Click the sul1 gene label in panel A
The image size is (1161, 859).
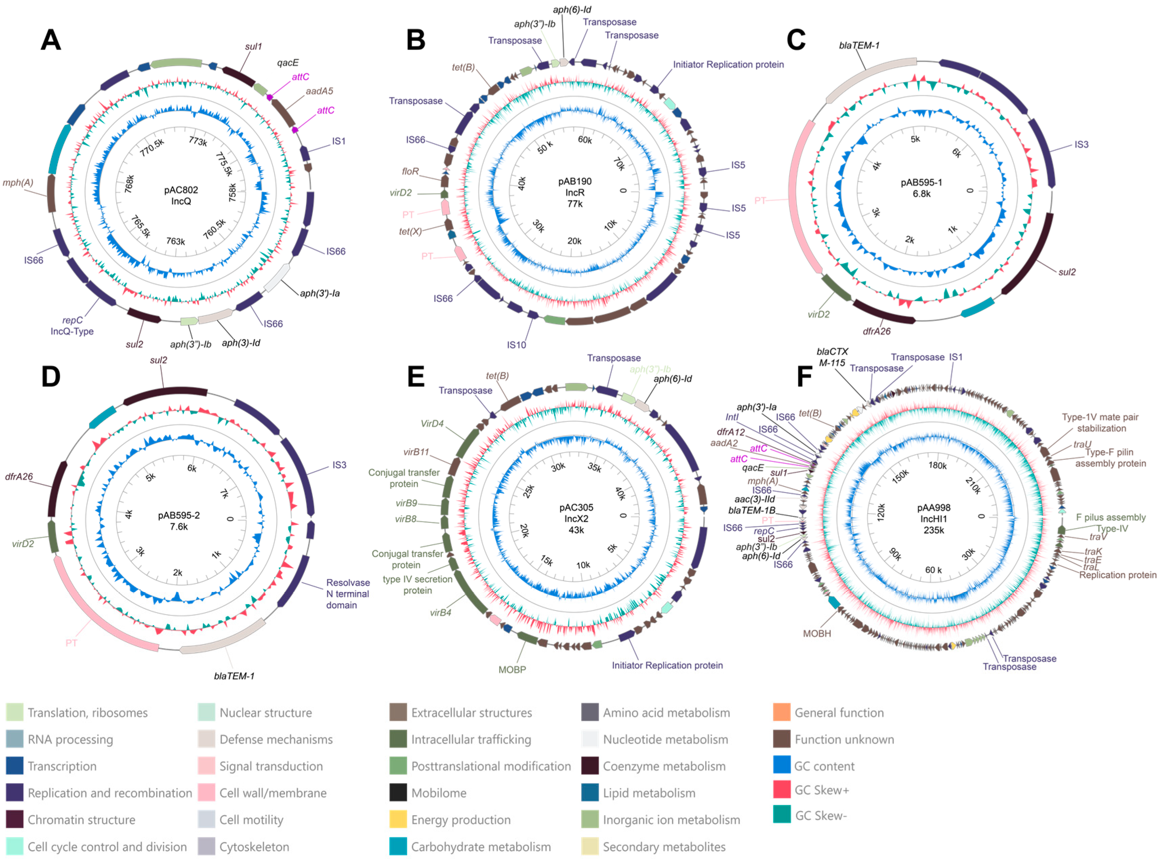tap(253, 47)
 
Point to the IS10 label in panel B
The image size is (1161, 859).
tap(516, 345)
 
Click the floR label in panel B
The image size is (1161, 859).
tap(410, 171)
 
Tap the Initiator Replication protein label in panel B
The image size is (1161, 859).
tap(728, 64)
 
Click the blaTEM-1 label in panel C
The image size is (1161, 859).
tap(859, 46)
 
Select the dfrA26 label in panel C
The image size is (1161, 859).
tap(876, 331)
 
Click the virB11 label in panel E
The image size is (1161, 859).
tap(416, 452)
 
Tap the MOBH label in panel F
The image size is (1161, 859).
tap(817, 633)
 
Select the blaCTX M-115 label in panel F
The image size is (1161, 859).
tap(832, 357)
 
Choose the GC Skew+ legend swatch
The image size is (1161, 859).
tap(781, 790)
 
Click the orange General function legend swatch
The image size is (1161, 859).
tap(781, 712)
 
